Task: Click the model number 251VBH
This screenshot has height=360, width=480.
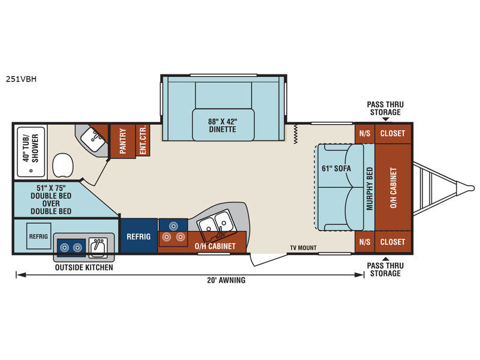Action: pyautogui.click(x=21, y=79)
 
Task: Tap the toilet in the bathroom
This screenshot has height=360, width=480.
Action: pyautogui.click(x=63, y=166)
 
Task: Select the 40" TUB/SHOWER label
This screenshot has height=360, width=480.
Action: pyautogui.click(x=31, y=148)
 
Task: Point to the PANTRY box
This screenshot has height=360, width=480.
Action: pyautogui.click(x=123, y=141)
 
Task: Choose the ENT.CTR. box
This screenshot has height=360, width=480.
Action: pyautogui.click(x=143, y=140)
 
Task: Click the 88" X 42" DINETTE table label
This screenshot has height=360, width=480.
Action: pyautogui.click(x=223, y=125)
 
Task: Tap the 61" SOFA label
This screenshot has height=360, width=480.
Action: pyautogui.click(x=336, y=169)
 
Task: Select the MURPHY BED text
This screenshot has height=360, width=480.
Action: pyautogui.click(x=370, y=188)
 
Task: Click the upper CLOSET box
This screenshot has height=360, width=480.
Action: pyautogui.click(x=393, y=133)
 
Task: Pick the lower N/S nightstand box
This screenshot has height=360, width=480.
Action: pyautogui.click(x=365, y=242)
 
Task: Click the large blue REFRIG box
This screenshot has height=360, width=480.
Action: pyautogui.click(x=139, y=236)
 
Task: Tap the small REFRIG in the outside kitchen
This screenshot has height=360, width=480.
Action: pyautogui.click(x=38, y=236)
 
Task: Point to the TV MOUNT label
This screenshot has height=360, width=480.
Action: pyautogui.click(x=304, y=248)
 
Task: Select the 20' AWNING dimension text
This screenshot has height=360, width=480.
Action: pyautogui.click(x=226, y=280)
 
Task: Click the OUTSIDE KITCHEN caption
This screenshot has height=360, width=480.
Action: pyautogui.click(x=84, y=267)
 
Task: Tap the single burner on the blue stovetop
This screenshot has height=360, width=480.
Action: pyautogui.click(x=173, y=226)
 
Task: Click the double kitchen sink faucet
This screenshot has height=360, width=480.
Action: pyautogui.click(x=220, y=232)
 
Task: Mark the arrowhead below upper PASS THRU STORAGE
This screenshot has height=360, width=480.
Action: pyautogui.click(x=385, y=119)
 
